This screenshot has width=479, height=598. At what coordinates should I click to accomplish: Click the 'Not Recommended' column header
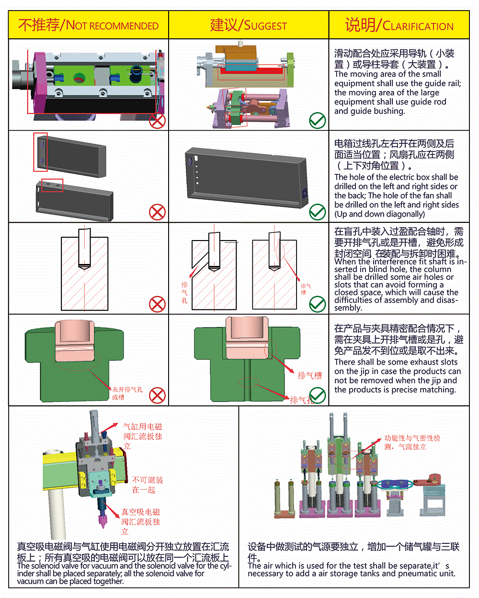[x=89, y=25]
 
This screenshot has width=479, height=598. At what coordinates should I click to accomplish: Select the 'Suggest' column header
[x=249, y=25]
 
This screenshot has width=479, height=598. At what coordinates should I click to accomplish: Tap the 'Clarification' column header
[x=399, y=25]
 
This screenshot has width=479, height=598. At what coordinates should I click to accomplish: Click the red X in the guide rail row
[x=157, y=121]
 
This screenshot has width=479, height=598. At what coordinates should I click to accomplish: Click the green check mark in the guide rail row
[x=317, y=121]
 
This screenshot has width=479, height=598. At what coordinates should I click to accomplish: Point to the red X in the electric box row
[x=157, y=212]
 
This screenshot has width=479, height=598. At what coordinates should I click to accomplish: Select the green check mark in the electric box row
[x=317, y=212]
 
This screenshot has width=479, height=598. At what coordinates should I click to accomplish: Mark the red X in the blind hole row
[x=157, y=304]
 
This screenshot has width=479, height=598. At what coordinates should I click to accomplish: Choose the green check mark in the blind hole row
[x=317, y=304]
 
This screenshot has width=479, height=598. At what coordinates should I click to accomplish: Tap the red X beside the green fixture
[x=157, y=396]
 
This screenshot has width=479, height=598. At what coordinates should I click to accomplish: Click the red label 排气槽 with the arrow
[x=309, y=376]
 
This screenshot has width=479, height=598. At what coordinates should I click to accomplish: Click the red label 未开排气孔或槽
[x=127, y=393]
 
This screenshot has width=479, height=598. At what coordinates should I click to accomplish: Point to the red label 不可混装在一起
[x=147, y=484]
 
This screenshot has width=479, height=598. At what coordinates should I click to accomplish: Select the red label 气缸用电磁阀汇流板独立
[x=142, y=436]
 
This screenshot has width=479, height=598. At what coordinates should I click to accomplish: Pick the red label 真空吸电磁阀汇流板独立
[x=140, y=521]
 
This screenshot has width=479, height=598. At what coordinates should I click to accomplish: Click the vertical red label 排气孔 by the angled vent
[x=184, y=292]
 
